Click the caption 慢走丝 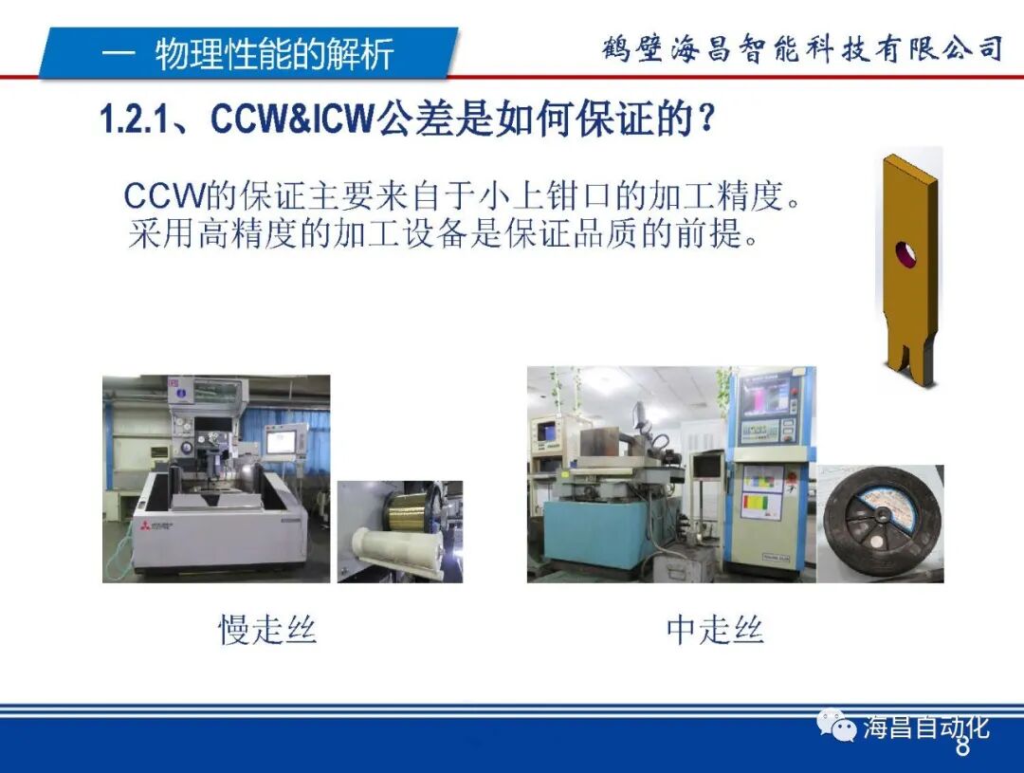pos(267,630)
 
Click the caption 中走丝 pos(715,630)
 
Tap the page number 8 pos(962,747)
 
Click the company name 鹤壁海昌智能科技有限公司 pos(802,48)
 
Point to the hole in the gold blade pos(907,253)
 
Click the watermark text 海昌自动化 pos(925,727)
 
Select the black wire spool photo pos(880,523)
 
